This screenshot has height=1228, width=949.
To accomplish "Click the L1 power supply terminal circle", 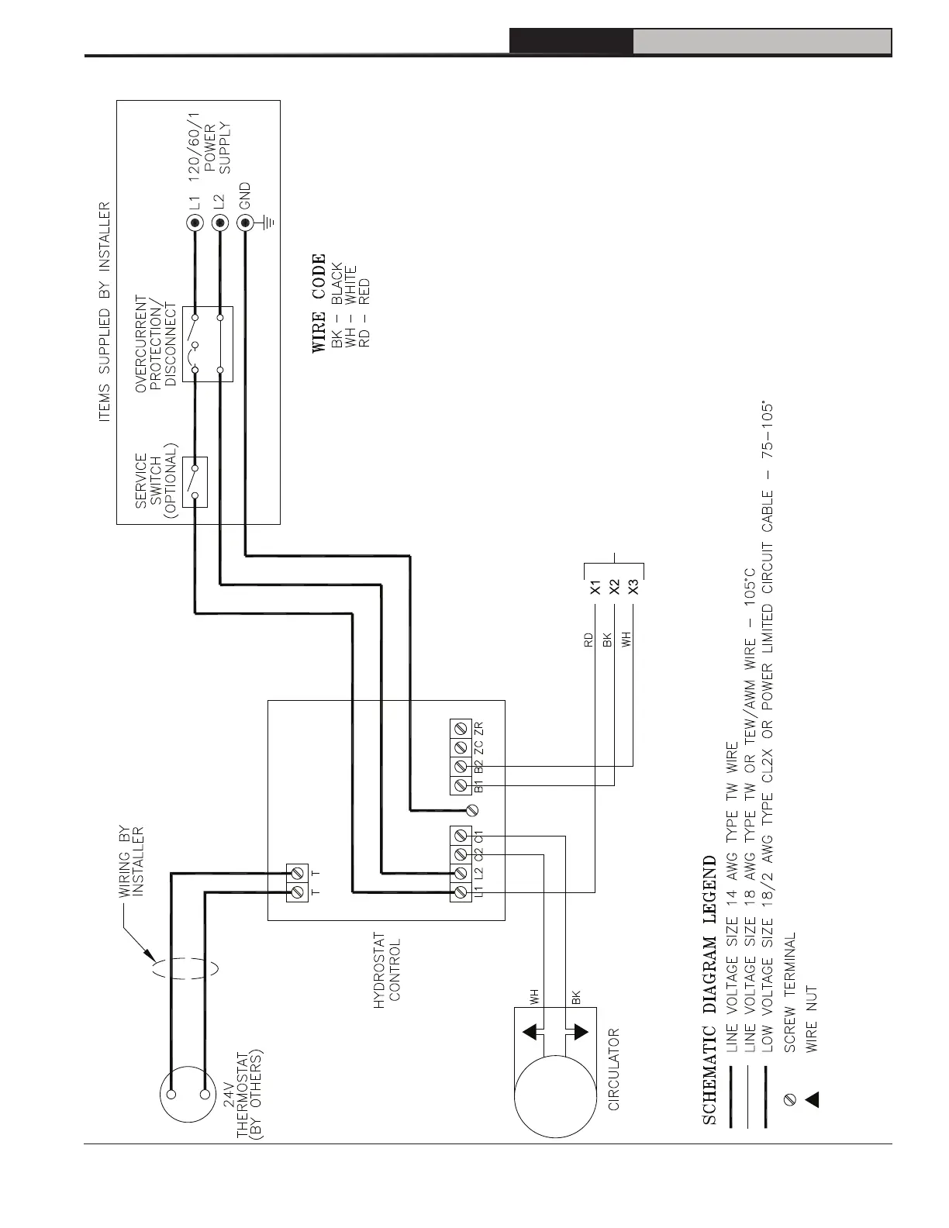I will pyautogui.click(x=195, y=224).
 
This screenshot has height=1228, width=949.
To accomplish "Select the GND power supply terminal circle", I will pyautogui.click(x=245, y=224).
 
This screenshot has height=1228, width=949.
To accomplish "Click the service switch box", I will pyautogui.click(x=195, y=481).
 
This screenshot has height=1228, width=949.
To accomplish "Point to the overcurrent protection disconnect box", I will pyautogui.click(x=207, y=343).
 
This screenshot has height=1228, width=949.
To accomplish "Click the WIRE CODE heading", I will pyautogui.click(x=318, y=304).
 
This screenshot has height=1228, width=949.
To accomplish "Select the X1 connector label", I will pyautogui.click(x=595, y=587).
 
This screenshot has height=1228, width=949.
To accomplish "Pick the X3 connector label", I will pyautogui.click(x=633, y=587).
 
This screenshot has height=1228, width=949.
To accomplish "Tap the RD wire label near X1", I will pyautogui.click(x=588, y=640).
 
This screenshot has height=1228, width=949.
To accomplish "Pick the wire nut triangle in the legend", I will pyautogui.click(x=812, y=1099).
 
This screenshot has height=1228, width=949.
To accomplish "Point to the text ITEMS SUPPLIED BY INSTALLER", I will pyautogui.click(x=105, y=312).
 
